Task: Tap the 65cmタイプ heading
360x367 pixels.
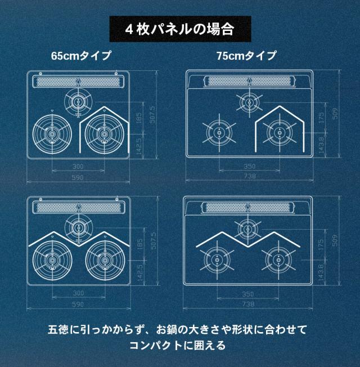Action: tap(80, 56)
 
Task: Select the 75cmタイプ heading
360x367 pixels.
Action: tap(246, 56)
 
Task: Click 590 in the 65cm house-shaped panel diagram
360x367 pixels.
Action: tap(78, 178)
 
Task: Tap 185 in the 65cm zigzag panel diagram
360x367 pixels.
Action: tap(139, 244)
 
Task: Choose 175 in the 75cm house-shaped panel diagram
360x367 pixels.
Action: tap(321, 117)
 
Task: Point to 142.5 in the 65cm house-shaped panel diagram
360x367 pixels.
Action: tap(139, 147)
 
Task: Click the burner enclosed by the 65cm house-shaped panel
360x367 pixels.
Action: tap(103, 133)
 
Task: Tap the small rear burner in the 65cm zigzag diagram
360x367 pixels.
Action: tap(78, 227)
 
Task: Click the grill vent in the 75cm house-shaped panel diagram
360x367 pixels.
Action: tap(250, 82)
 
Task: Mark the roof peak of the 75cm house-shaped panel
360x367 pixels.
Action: tap(280, 106)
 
